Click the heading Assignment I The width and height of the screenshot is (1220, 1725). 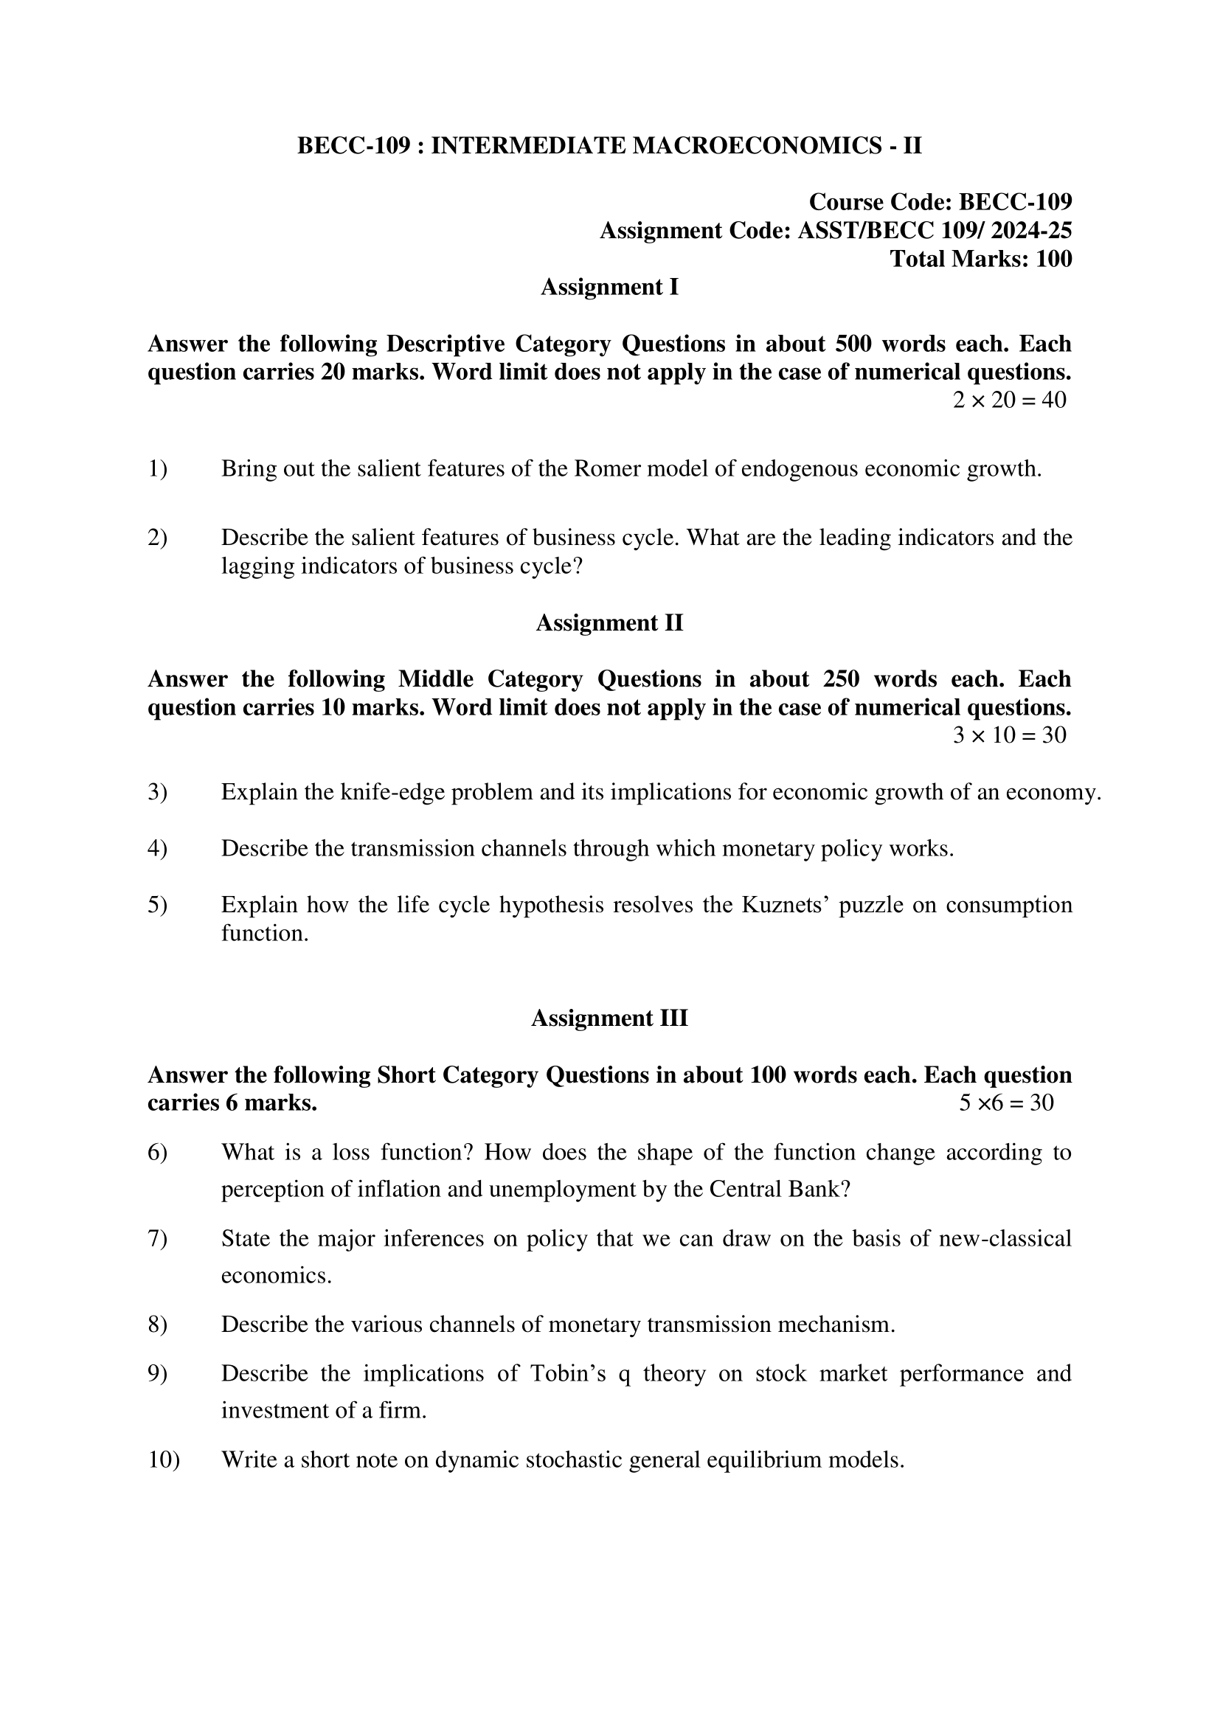pyautogui.click(x=609, y=287)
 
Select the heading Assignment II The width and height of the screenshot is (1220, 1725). pyautogui.click(x=609, y=623)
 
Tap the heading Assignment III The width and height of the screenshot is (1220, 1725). pyautogui.click(x=609, y=1018)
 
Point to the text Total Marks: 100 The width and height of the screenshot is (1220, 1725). pyautogui.click(x=980, y=258)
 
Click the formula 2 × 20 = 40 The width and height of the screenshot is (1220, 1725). pyautogui.click(x=1009, y=400)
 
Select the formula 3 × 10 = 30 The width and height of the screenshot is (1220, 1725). pyautogui.click(x=1009, y=735)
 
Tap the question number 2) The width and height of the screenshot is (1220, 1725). pyautogui.click(x=157, y=537)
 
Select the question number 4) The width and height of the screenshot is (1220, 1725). pyautogui.click(x=157, y=848)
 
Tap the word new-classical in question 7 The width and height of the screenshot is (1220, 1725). pyautogui.click(x=1005, y=1238)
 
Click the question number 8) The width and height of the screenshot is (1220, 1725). pyautogui.click(x=157, y=1325)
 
